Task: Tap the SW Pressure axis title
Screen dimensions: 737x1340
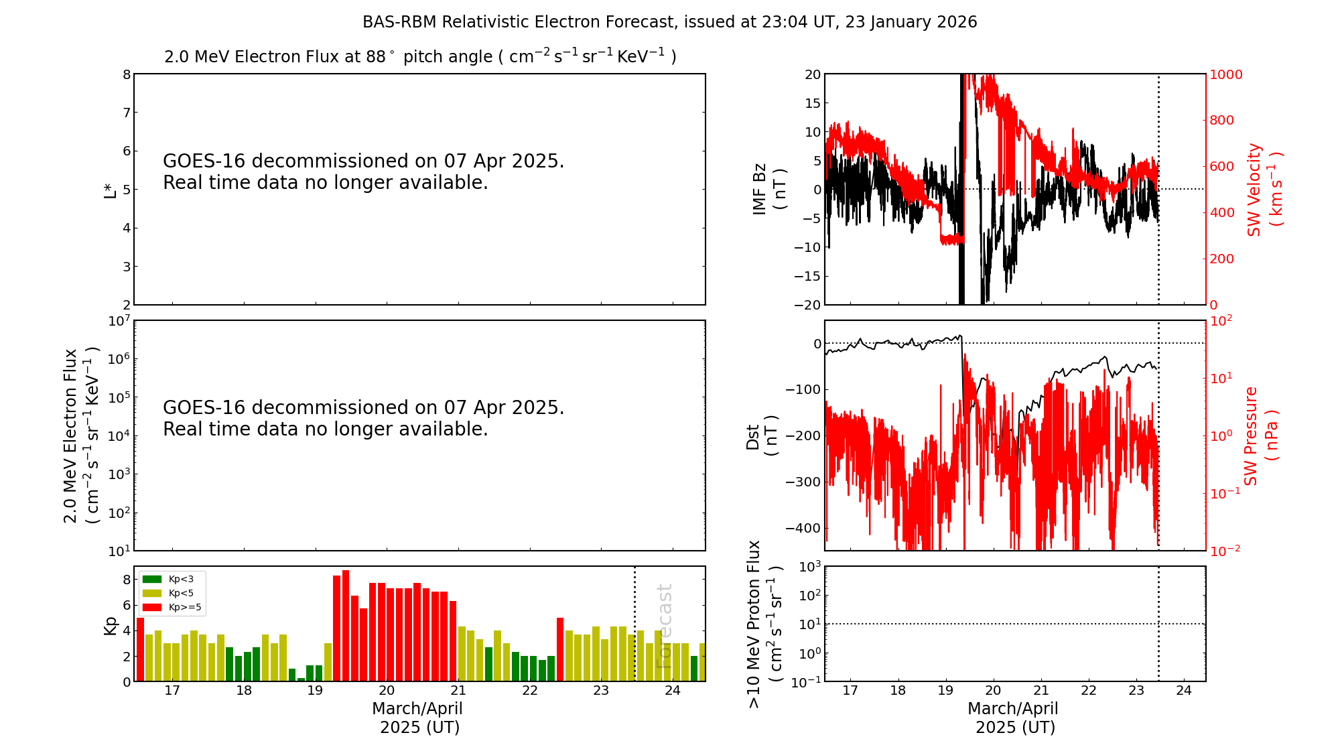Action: tap(1260, 435)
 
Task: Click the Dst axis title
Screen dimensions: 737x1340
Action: tap(762, 435)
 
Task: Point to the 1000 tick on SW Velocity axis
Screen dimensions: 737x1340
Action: tap(1225, 74)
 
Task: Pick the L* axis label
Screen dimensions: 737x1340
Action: tap(110, 190)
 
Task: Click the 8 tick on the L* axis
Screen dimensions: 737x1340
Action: tap(127, 74)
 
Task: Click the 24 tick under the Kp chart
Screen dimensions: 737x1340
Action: tap(672, 691)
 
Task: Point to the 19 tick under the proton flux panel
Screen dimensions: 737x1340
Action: tap(945, 691)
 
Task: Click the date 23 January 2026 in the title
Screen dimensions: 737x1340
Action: tap(911, 22)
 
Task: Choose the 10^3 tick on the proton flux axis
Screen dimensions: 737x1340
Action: tap(809, 567)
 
